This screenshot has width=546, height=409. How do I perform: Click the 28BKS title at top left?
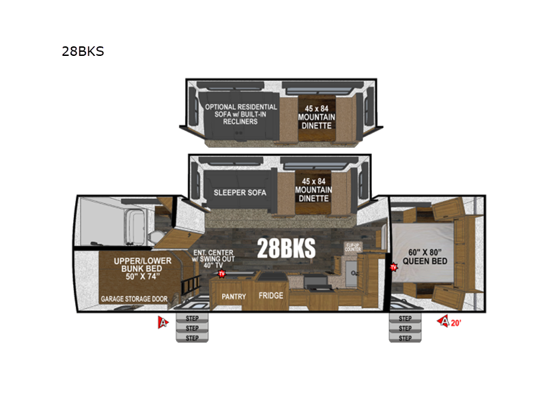(x=83, y=51)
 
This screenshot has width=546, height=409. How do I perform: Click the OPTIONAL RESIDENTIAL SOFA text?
(x=241, y=114)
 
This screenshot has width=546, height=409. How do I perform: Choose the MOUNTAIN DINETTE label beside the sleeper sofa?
(x=312, y=189)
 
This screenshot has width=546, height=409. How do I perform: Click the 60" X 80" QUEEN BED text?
(x=425, y=256)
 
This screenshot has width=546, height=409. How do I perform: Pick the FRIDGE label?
(x=270, y=296)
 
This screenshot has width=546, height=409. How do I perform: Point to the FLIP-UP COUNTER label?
(x=353, y=247)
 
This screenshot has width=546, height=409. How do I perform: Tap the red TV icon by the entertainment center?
(x=221, y=274)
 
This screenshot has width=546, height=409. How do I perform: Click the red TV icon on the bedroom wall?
(x=393, y=268)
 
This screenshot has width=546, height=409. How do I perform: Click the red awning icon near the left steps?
(x=162, y=322)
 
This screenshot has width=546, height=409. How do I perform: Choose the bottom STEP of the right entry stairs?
(x=405, y=337)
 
